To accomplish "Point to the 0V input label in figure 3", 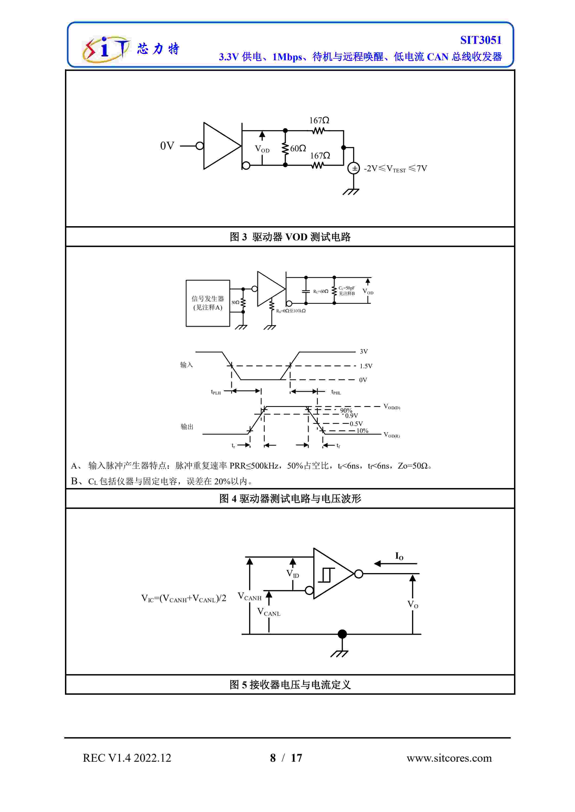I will click(x=167, y=146).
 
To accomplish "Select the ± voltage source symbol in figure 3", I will click(x=354, y=168).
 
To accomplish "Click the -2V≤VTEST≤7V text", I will click(x=395, y=169).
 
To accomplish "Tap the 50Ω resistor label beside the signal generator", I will click(x=235, y=302).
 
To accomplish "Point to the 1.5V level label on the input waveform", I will click(x=366, y=366).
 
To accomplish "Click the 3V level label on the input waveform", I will click(x=364, y=352).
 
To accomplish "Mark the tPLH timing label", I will click(x=216, y=392).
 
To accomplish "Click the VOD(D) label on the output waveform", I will click(x=392, y=407).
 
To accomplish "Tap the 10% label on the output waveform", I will click(x=362, y=431).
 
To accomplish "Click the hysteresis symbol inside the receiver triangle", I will click(x=326, y=575).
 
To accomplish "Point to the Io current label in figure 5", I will click(x=399, y=556).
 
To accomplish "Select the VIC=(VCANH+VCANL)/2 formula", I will click(x=183, y=598).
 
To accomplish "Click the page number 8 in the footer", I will click(x=273, y=758).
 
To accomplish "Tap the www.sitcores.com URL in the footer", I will click(x=449, y=758).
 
